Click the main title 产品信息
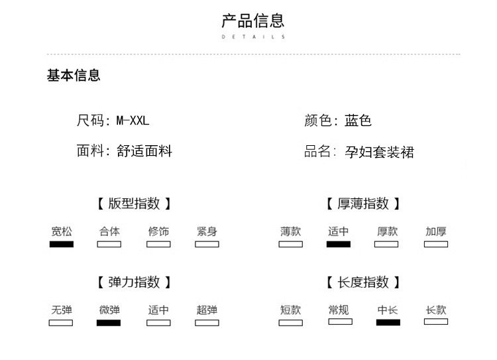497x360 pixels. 253,21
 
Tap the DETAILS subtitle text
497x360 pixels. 253,36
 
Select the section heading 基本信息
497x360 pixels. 74,76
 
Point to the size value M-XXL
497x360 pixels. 133,121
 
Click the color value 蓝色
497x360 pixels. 358,121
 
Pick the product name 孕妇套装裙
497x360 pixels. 380,152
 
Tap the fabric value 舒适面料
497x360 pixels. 144,151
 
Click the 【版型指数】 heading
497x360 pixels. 134,204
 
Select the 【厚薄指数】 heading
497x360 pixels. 363,204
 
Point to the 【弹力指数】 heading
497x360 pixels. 134,282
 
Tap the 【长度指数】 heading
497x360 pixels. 363,282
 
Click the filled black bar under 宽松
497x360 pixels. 62,244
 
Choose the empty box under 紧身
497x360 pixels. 207,244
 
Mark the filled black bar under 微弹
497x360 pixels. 109,323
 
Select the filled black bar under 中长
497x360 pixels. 388,323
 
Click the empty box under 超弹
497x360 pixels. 207,323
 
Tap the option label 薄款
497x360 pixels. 291,231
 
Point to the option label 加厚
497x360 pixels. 436,231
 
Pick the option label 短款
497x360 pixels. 291,310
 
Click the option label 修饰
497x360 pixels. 158,231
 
